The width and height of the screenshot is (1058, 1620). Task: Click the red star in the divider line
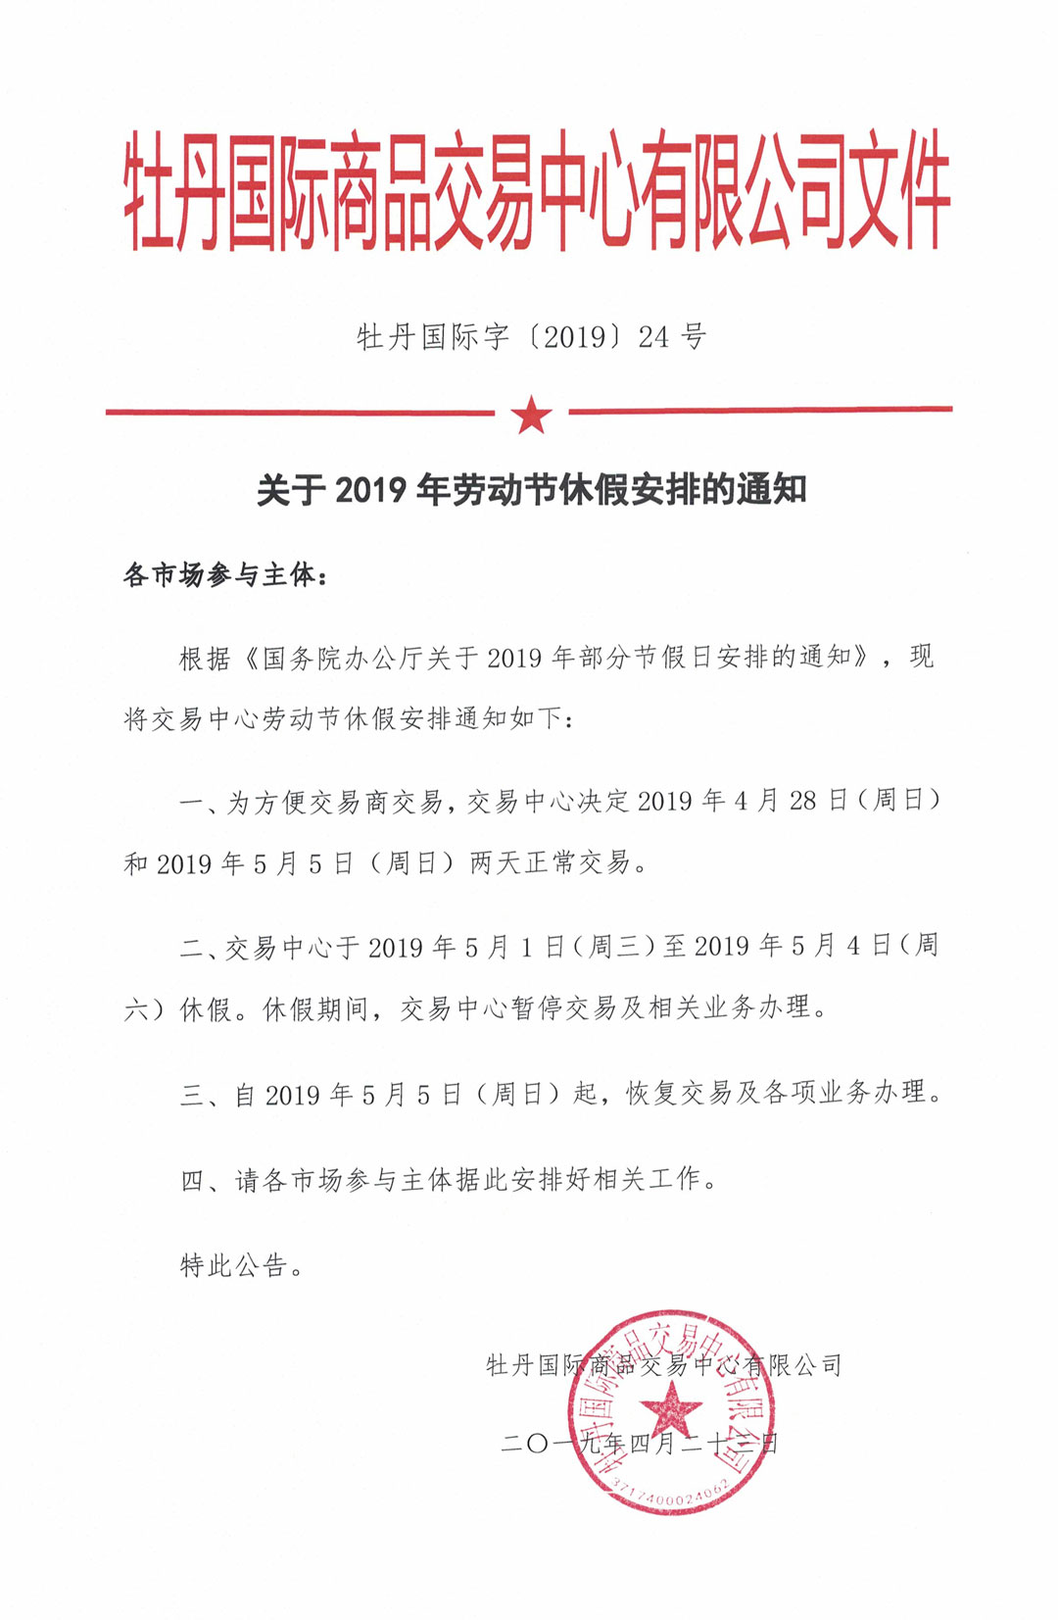click(x=532, y=414)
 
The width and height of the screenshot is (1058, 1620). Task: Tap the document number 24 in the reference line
click(x=653, y=337)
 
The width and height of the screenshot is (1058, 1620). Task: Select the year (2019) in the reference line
click(x=575, y=337)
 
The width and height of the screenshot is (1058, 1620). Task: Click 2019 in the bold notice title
click(x=370, y=489)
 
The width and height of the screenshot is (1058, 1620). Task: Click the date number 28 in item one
click(x=802, y=801)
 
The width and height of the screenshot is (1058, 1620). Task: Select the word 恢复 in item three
click(x=651, y=1093)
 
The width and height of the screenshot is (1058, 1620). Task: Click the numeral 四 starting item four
click(x=192, y=1180)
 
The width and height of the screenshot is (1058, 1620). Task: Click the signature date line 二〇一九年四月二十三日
click(x=639, y=1444)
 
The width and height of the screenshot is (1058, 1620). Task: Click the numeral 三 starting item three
click(x=192, y=1094)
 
